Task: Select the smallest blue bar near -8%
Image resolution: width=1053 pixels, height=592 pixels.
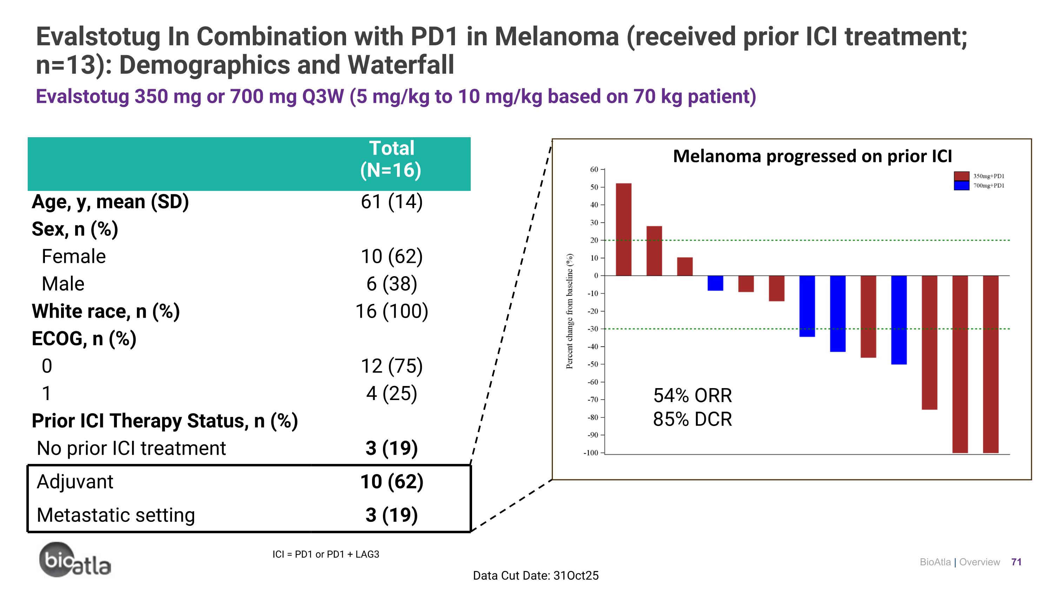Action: (715, 283)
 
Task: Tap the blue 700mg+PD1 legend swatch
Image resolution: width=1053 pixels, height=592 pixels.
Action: (961, 186)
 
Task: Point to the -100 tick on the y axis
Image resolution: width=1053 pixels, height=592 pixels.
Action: (591, 453)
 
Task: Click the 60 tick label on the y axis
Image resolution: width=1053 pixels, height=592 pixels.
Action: (594, 169)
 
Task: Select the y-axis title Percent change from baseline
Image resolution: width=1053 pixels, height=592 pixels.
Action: (569, 311)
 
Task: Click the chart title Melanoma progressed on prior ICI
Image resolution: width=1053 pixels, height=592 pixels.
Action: (812, 156)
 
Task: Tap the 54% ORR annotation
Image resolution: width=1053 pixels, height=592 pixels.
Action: (693, 395)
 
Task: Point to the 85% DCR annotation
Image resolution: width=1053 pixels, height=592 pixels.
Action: (693, 419)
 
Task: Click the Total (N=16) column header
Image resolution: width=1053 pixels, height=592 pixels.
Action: (391, 159)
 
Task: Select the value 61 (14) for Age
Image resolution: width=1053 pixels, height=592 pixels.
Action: (391, 202)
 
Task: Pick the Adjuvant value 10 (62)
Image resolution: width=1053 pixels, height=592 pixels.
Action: (391, 482)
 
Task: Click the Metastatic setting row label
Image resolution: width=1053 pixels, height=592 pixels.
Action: (116, 515)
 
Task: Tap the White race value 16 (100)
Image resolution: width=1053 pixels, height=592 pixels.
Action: (391, 311)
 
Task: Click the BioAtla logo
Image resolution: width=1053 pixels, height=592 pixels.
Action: (74, 560)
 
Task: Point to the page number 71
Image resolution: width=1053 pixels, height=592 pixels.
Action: (1016, 562)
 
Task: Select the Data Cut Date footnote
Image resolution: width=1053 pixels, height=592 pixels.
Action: (536, 576)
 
